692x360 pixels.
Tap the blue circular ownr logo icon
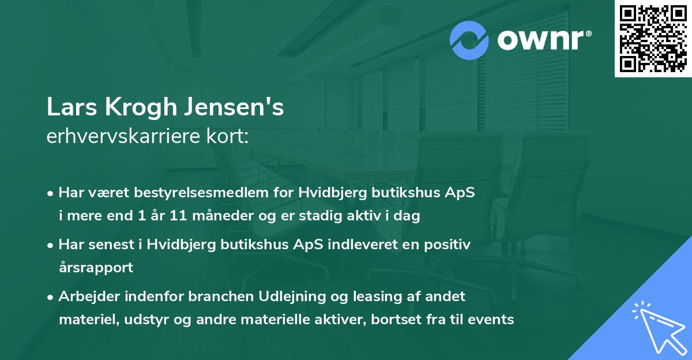tap(470, 40)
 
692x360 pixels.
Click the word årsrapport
tap(96, 268)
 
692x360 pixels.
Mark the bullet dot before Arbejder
tap(51, 297)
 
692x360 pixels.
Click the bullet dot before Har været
tap(51, 193)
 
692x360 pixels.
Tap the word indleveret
tap(360, 245)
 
